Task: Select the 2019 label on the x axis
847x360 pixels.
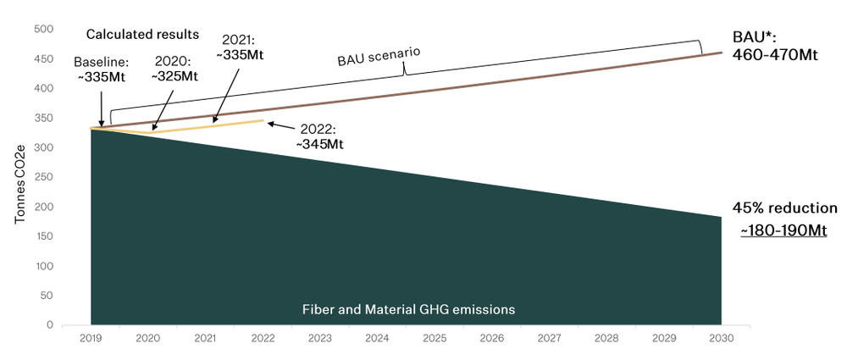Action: tap(91, 338)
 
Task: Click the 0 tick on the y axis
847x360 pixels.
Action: tap(50, 324)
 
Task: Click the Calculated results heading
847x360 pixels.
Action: tap(142, 35)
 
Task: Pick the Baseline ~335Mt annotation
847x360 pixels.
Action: tap(102, 70)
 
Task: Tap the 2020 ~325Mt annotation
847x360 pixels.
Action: tap(174, 69)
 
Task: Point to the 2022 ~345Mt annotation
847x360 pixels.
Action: tap(318, 137)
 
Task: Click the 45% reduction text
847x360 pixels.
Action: tap(784, 208)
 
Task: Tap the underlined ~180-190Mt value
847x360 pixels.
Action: tap(783, 230)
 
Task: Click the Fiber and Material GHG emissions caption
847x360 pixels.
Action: tap(408, 310)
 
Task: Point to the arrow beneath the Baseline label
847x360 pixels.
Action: tap(102, 108)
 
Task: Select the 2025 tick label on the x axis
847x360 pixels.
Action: tap(433, 338)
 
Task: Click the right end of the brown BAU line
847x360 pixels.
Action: tap(721, 53)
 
